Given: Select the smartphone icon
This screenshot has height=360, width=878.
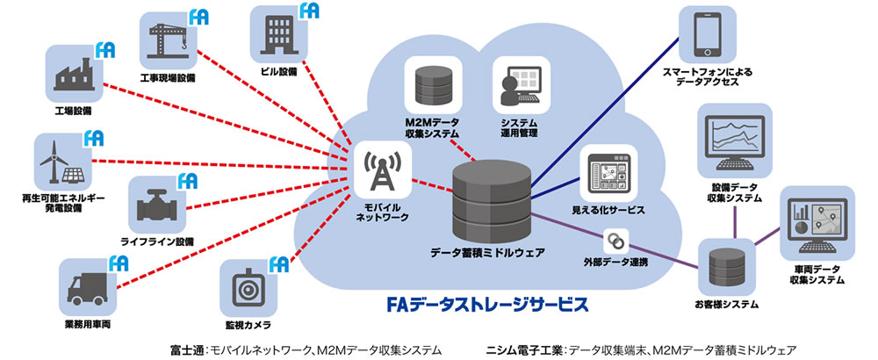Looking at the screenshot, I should pyautogui.click(x=708, y=36).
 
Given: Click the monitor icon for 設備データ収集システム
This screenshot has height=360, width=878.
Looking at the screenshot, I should pyautogui.click(x=733, y=142).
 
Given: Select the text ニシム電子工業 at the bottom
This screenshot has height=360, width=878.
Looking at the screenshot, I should pyautogui.click(x=521, y=349).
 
